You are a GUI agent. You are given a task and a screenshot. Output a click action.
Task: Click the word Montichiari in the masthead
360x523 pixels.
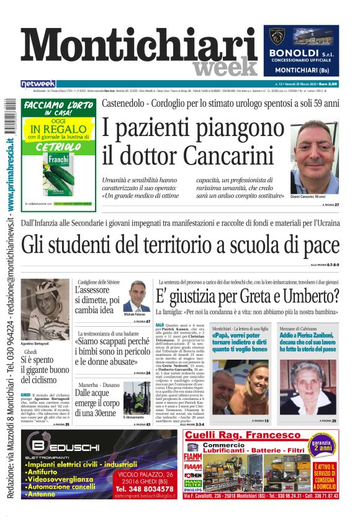pos(140,47)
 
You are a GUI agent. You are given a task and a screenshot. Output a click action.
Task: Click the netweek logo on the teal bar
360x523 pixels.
pos(38,83)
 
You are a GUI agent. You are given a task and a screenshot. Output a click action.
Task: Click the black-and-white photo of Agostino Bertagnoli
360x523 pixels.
pos(45,309)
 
